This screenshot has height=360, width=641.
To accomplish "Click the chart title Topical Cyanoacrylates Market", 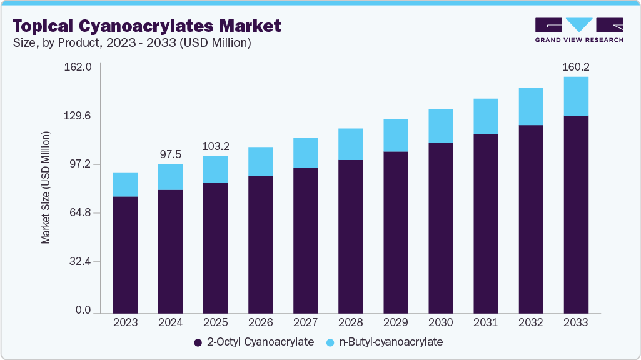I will pos(147,26).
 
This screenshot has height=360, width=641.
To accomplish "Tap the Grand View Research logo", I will pos(579,30).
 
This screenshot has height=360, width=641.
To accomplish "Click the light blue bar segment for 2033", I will pos(576,96).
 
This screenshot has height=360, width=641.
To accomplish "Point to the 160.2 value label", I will pos(576,66).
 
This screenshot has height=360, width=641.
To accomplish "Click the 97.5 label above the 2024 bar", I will pos(171,154).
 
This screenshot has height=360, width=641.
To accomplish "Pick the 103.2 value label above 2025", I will pos(216,146).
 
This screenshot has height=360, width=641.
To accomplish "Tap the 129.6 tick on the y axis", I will pos(79,116).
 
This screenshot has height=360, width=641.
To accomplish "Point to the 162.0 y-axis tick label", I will pos(79,67).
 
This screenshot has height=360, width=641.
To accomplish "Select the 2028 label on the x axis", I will pos(351,322).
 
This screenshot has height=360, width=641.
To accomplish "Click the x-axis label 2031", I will pos(486,322).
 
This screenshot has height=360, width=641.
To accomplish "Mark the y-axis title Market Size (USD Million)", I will pos(46,187).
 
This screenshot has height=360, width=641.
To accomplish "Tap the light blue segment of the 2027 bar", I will pos(306,153).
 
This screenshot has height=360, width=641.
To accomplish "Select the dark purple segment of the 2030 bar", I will pos(441,227).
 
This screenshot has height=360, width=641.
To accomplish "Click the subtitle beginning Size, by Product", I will pos(133,43).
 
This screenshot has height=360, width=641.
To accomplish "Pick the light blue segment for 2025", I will pos(216,169).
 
